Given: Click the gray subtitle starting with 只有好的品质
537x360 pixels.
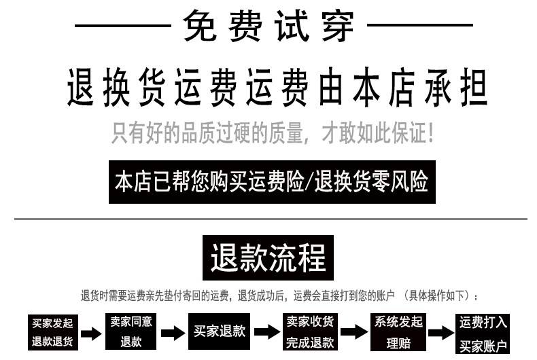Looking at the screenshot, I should (x=272, y=132).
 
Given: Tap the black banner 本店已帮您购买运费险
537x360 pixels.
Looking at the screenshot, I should (x=271, y=182).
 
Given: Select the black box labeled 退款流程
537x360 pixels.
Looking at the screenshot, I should (x=268, y=259).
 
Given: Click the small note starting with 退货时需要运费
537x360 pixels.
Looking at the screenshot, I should (x=279, y=296).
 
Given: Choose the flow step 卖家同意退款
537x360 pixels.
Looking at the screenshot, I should (x=131, y=331).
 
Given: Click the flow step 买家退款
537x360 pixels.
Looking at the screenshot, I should (x=219, y=331).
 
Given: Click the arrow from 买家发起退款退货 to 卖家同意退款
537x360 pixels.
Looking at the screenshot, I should (x=91, y=334).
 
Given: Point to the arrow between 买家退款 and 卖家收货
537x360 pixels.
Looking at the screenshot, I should (x=266, y=333).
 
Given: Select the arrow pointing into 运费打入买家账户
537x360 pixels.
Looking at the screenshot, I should (x=441, y=333).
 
